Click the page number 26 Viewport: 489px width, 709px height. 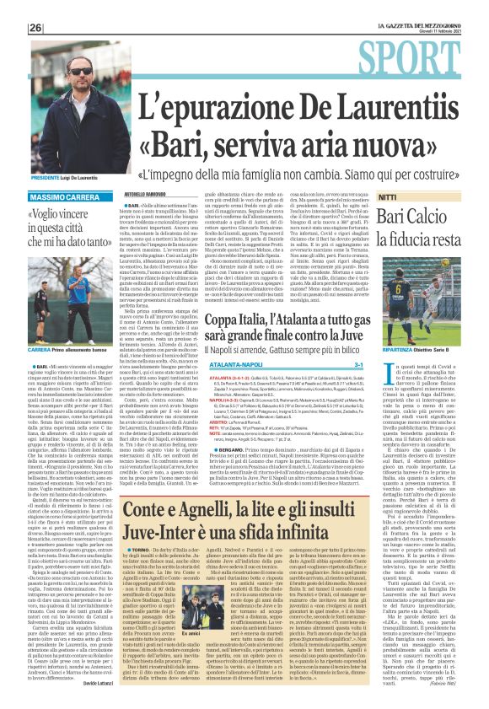(x=35, y=27)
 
